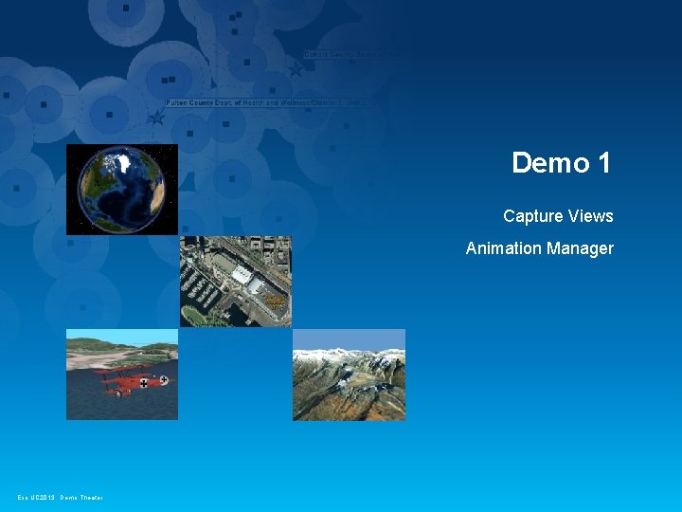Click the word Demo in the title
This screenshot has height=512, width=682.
(550, 163)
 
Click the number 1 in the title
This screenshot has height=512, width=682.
(604, 163)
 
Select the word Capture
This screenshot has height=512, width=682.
(532, 216)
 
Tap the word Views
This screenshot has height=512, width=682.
(590, 216)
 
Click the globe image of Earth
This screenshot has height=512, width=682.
(121, 190)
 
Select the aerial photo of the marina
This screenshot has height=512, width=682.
(235, 282)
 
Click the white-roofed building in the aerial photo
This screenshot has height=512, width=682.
(243, 276)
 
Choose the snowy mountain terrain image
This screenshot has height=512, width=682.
(349, 375)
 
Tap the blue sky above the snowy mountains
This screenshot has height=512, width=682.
(349, 338)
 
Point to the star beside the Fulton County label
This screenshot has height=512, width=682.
(157, 118)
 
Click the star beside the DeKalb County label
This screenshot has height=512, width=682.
(296, 68)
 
